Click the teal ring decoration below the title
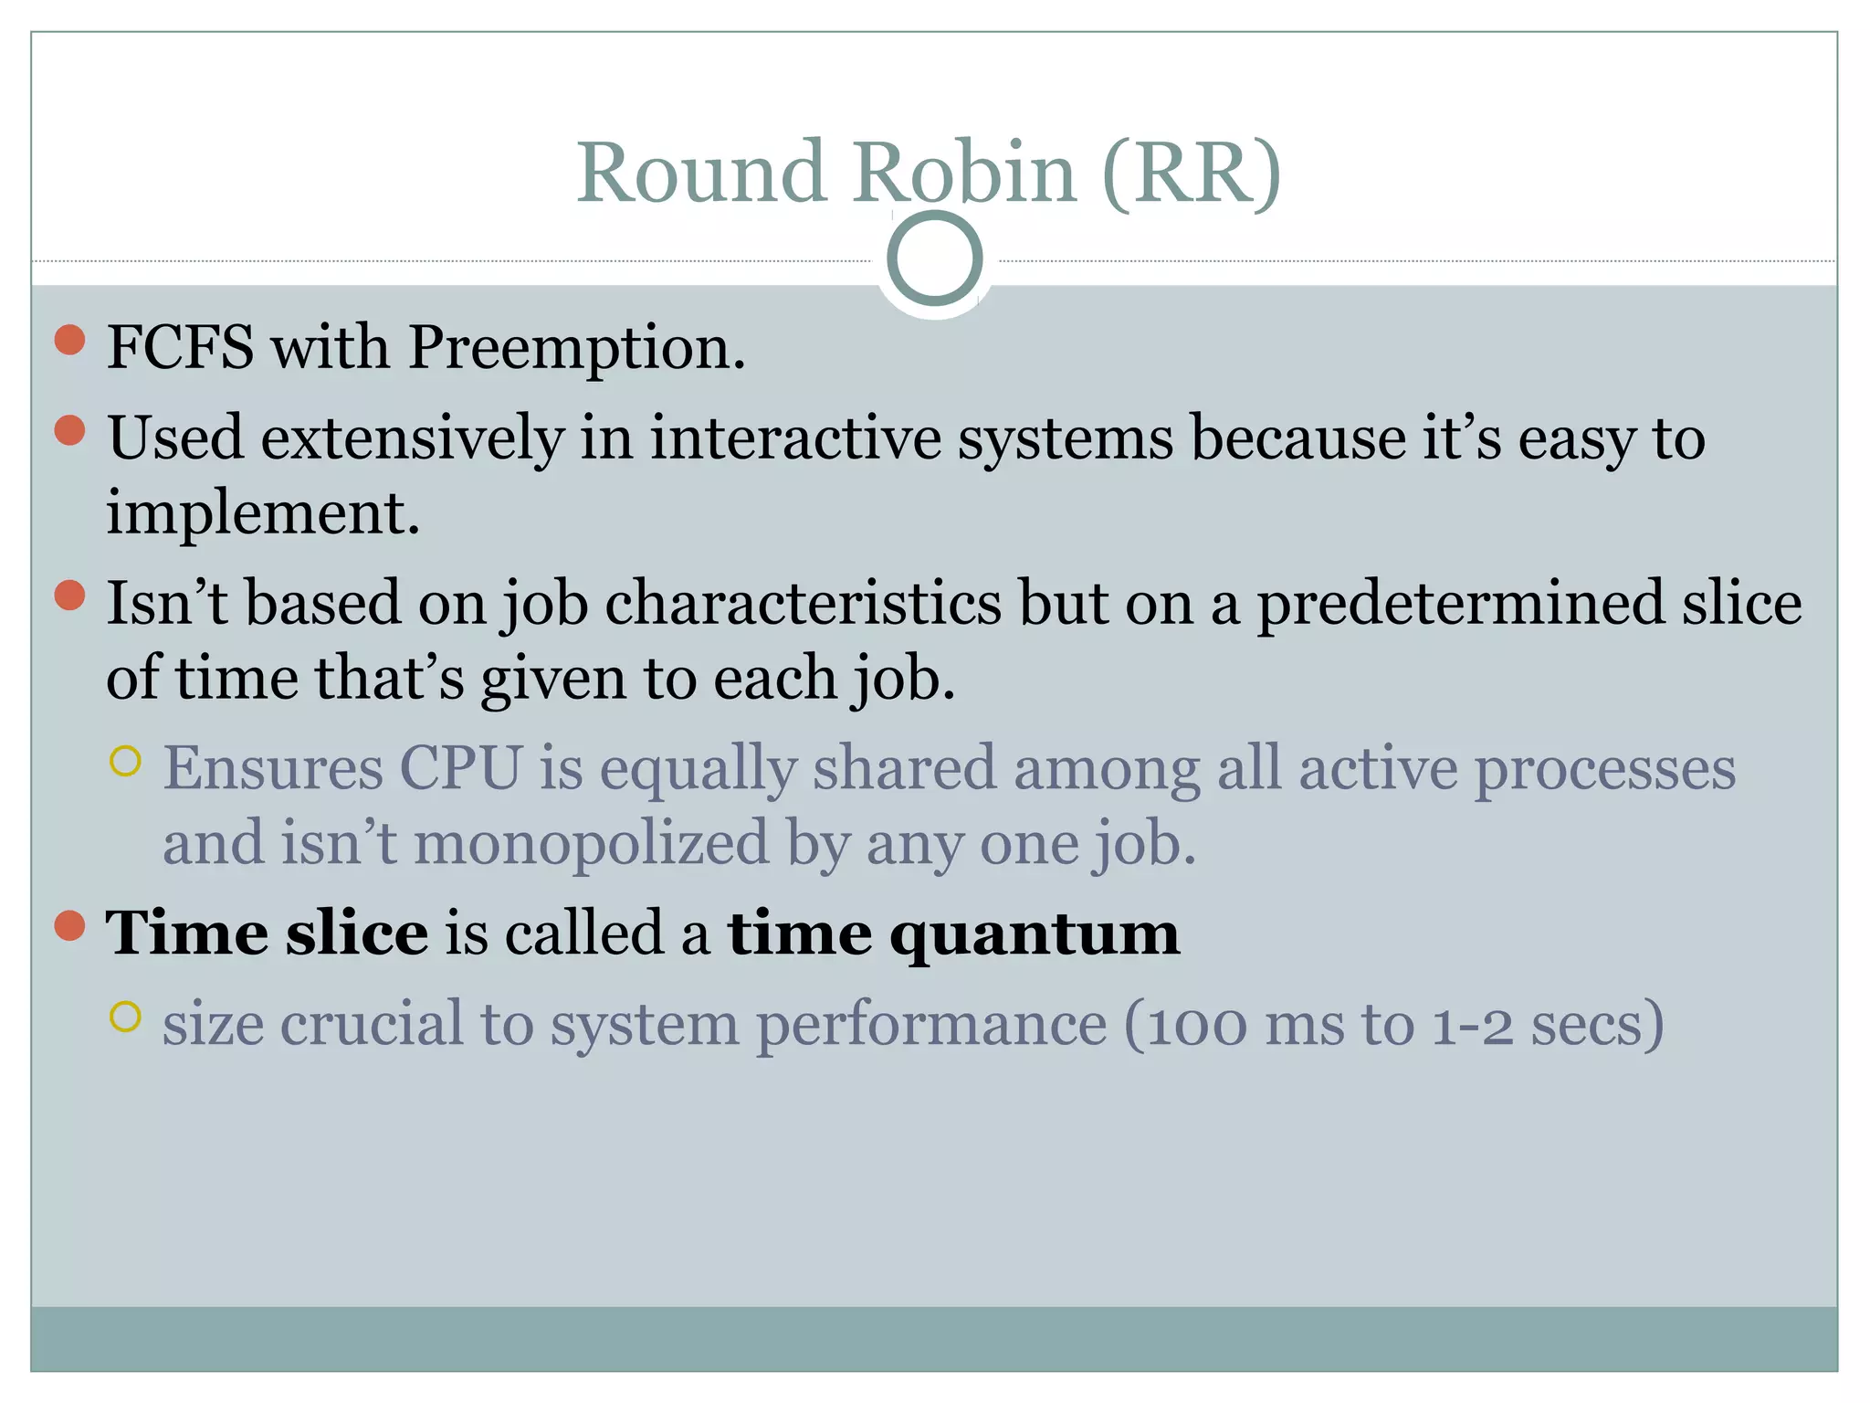934,258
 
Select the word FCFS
180,348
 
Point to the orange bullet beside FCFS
70,340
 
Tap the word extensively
413,438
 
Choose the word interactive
794,438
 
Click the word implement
262,514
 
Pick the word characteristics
803,605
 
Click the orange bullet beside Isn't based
70,596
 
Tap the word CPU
460,768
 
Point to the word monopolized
592,843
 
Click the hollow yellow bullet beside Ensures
125,761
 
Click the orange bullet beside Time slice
70,925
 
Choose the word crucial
372,1025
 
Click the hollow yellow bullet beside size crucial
125,1017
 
